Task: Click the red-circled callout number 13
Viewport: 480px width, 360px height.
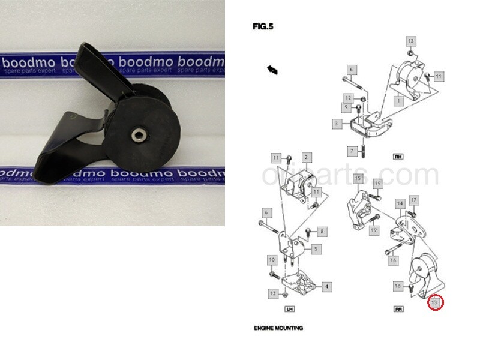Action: click(x=436, y=303)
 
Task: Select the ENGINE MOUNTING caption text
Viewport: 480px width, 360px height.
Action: click(x=278, y=328)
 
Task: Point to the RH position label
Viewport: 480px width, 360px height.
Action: click(x=397, y=157)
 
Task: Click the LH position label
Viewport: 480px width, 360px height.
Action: click(x=289, y=310)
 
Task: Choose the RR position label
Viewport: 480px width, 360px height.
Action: click(x=398, y=310)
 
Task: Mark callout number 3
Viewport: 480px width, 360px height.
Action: click(x=337, y=124)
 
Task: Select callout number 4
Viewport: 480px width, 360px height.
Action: click(x=326, y=287)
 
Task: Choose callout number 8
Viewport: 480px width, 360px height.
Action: click(x=322, y=231)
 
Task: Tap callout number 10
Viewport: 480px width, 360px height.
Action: click(x=271, y=260)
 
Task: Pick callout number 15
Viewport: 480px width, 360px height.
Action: click(x=358, y=178)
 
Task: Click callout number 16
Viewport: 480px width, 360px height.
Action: click(x=394, y=260)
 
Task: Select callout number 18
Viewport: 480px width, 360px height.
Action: click(x=398, y=286)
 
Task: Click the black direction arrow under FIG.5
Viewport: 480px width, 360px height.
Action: click(x=272, y=70)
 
